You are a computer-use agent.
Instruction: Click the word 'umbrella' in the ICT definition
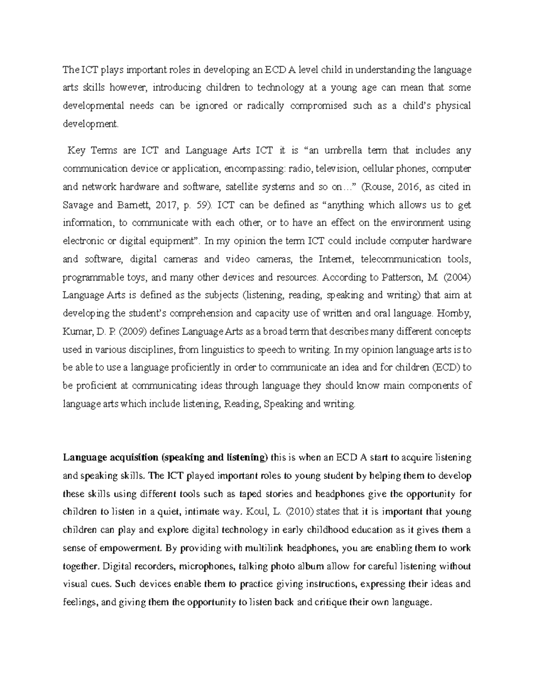coord(345,151)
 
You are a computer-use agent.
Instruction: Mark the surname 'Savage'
coord(78,205)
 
